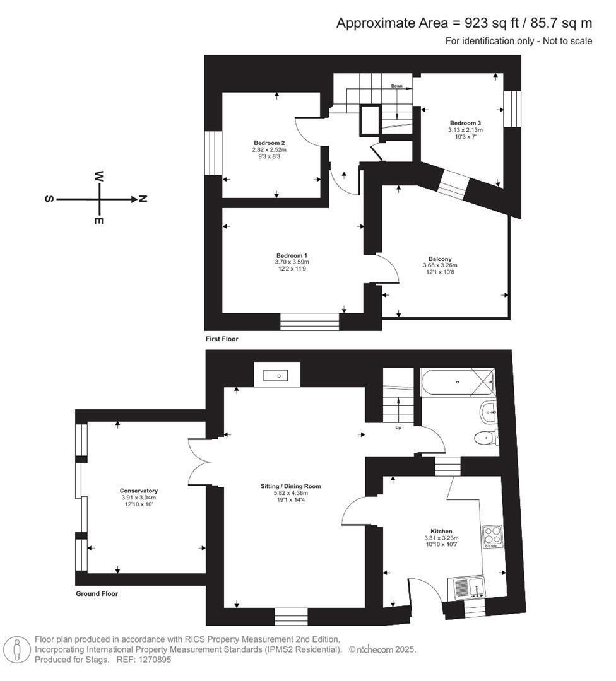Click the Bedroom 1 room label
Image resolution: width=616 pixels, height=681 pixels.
292,256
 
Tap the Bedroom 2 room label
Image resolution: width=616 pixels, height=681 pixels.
269,143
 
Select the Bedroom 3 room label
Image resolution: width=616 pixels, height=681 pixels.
465,124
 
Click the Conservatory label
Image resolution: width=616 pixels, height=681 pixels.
139,491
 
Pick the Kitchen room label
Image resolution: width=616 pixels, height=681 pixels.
441,531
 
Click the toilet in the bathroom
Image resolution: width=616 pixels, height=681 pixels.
486,438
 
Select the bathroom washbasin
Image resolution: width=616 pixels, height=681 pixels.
489,411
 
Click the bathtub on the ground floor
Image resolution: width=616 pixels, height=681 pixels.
458,382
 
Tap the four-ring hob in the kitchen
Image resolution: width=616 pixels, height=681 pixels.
492,537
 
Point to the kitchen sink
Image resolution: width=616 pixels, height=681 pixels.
468,588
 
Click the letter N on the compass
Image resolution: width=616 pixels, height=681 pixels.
143,199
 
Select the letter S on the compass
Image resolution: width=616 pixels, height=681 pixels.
49,199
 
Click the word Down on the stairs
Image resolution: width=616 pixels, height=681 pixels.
396,86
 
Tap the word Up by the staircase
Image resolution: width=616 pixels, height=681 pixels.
398,428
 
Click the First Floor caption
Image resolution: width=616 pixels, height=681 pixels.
222,339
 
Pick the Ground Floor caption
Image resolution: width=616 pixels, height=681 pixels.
97,593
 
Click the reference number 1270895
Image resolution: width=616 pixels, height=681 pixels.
155,660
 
